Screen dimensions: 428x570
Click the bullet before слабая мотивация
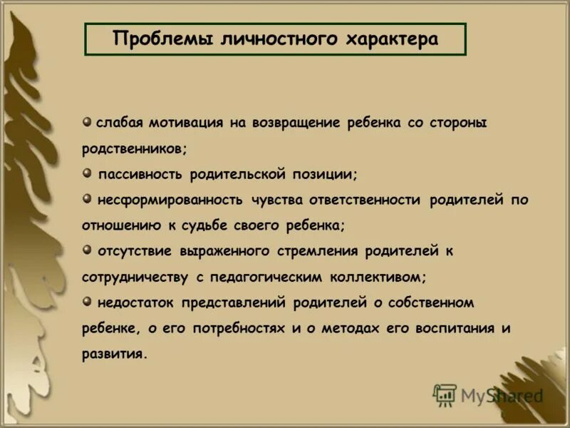click(86, 121)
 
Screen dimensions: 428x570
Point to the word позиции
click(324, 174)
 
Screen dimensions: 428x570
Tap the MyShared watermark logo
click(487, 395)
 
